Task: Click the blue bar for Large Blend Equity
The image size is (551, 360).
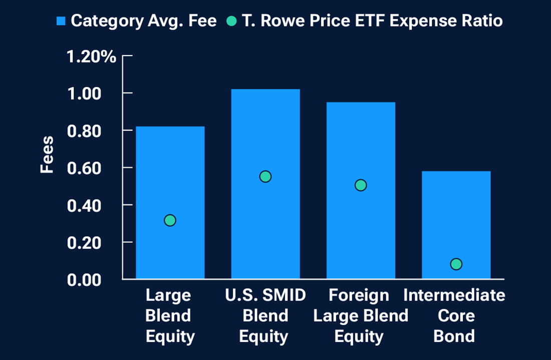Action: tap(170, 170)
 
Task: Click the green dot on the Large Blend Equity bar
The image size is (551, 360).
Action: tap(170, 220)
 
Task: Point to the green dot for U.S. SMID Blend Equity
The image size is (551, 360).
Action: tap(265, 177)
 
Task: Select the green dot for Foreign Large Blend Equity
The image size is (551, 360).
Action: tap(361, 185)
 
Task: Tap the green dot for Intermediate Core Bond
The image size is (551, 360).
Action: tap(456, 264)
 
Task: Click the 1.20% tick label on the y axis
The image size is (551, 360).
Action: tap(92, 56)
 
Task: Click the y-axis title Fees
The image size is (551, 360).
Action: tap(47, 155)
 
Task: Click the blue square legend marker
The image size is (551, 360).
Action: tap(61, 21)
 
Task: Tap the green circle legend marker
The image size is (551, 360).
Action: tap(231, 21)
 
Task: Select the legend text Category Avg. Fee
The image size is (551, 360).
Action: tap(144, 21)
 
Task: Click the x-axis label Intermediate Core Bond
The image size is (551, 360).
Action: tap(454, 315)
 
